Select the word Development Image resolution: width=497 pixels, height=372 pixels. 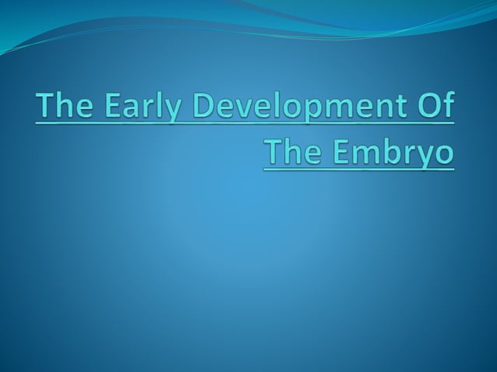pyautogui.click(x=298, y=107)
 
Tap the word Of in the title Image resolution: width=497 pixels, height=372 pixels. pyautogui.click(x=435, y=107)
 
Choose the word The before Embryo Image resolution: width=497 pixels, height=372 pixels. pyautogui.click(x=291, y=150)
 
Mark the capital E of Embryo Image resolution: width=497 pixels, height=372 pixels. pyautogui.click(x=340, y=150)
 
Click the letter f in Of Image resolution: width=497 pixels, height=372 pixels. pyautogui.click(x=447, y=107)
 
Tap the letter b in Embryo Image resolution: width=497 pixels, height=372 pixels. pyautogui.click(x=382, y=150)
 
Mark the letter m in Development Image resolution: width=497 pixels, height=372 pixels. pyautogui.click(x=344, y=108)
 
